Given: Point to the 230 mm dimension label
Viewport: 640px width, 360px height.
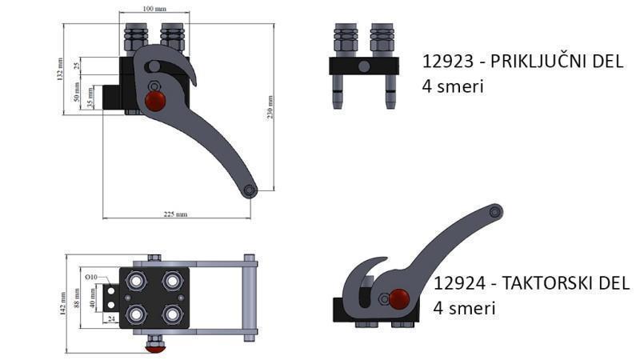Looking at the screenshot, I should pos(271,107).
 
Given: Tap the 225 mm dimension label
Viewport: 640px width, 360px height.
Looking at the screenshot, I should pos(175,214).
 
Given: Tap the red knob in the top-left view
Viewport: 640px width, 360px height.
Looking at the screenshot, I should pos(154,101).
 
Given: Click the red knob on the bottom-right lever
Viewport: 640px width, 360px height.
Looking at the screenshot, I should pos(398,300).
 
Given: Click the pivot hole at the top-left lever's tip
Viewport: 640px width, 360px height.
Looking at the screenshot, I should pos(250,190).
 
